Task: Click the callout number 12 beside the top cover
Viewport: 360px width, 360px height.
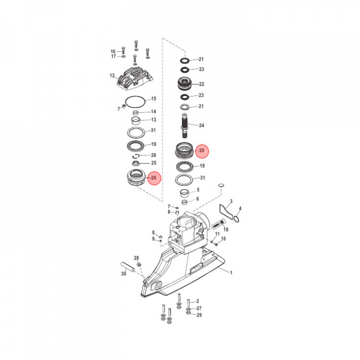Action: (112, 76)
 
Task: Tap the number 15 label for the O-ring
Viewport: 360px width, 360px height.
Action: (153, 98)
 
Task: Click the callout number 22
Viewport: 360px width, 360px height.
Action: (201, 84)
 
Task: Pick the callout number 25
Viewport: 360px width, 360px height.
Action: (153, 163)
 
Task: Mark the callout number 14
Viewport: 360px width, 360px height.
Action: (153, 111)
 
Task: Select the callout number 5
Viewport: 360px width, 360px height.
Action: (197, 190)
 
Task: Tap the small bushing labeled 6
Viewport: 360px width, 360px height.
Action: (184, 202)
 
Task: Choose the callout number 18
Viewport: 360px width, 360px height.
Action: (226, 229)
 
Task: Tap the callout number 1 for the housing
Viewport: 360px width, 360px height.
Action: (231, 272)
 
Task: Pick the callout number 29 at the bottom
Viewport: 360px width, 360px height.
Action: (198, 315)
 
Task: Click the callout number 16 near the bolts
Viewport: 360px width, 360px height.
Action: (113, 51)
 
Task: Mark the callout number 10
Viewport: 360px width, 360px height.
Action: (223, 239)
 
